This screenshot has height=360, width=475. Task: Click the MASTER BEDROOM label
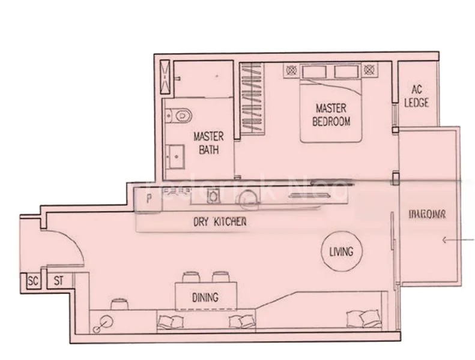(331, 114)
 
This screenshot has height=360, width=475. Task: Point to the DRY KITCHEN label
(220, 221)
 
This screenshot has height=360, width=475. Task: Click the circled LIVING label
(340, 252)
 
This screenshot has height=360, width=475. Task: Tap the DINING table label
(205, 297)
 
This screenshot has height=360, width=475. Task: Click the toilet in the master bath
(179, 114)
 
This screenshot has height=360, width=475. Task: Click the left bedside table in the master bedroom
(291, 70)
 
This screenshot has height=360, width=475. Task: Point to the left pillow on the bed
(313, 72)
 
